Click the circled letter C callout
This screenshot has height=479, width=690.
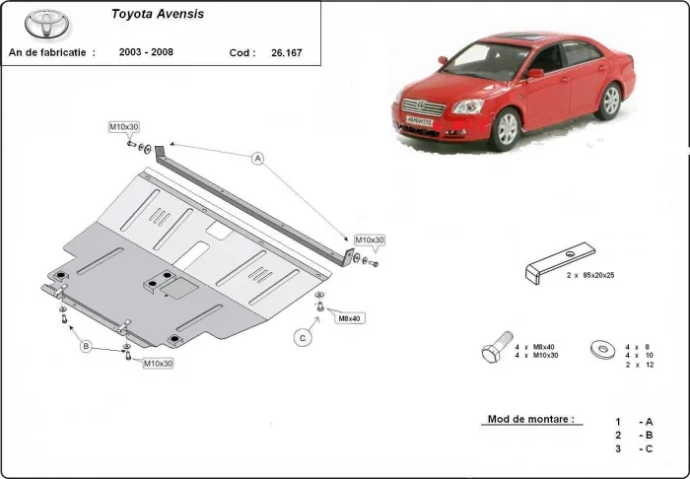click(x=303, y=338)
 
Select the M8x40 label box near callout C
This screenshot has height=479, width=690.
click(x=350, y=317)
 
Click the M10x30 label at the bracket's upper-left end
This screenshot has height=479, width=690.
click(x=124, y=127)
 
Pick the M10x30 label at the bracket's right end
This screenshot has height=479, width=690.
click(x=370, y=240)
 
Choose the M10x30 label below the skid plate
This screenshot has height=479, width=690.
click(x=158, y=364)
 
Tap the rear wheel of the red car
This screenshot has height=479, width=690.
click(x=610, y=101)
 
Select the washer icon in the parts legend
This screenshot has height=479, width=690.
click(x=597, y=350)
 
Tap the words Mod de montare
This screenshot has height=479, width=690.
click(x=530, y=419)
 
